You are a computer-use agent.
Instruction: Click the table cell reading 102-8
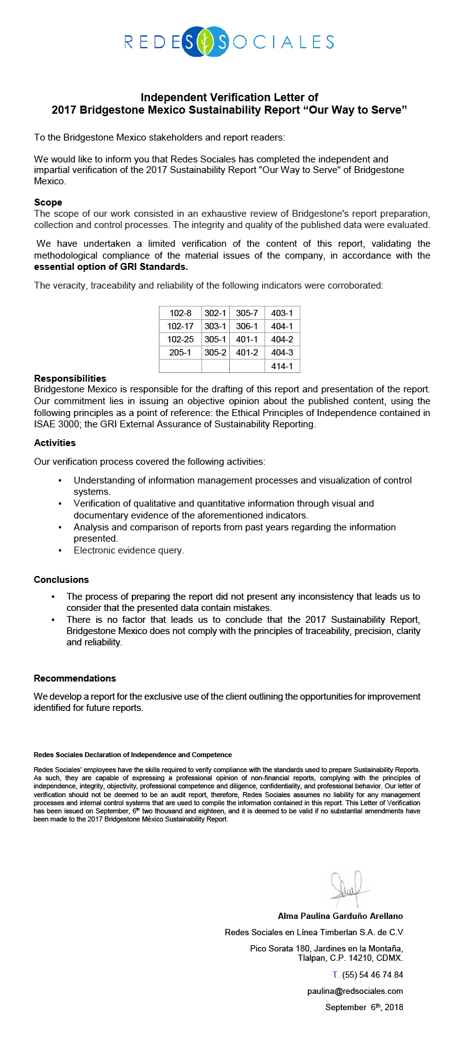click(x=180, y=313)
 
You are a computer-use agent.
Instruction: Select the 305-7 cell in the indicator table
click(x=247, y=313)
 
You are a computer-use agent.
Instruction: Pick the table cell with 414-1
click(x=282, y=366)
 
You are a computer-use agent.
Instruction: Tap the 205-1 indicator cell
click(x=180, y=352)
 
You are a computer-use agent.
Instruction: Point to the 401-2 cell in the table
click(x=247, y=352)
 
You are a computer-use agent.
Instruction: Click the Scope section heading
click(x=48, y=202)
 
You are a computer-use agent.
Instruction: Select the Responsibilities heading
click(x=70, y=379)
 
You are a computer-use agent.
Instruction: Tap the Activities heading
click(x=55, y=443)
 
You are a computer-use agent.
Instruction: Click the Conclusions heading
click(x=61, y=580)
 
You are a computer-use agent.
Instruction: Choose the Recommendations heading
click(x=75, y=678)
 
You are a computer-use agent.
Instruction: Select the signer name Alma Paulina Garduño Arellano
click(x=340, y=916)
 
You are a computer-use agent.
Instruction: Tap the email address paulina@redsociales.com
click(x=355, y=991)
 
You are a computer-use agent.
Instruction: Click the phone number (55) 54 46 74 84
click(x=372, y=975)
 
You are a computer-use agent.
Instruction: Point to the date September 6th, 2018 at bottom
click(x=364, y=1008)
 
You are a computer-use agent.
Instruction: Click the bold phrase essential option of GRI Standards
click(x=111, y=267)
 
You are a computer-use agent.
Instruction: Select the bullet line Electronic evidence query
click(x=129, y=550)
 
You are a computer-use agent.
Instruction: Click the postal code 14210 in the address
click(x=363, y=958)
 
